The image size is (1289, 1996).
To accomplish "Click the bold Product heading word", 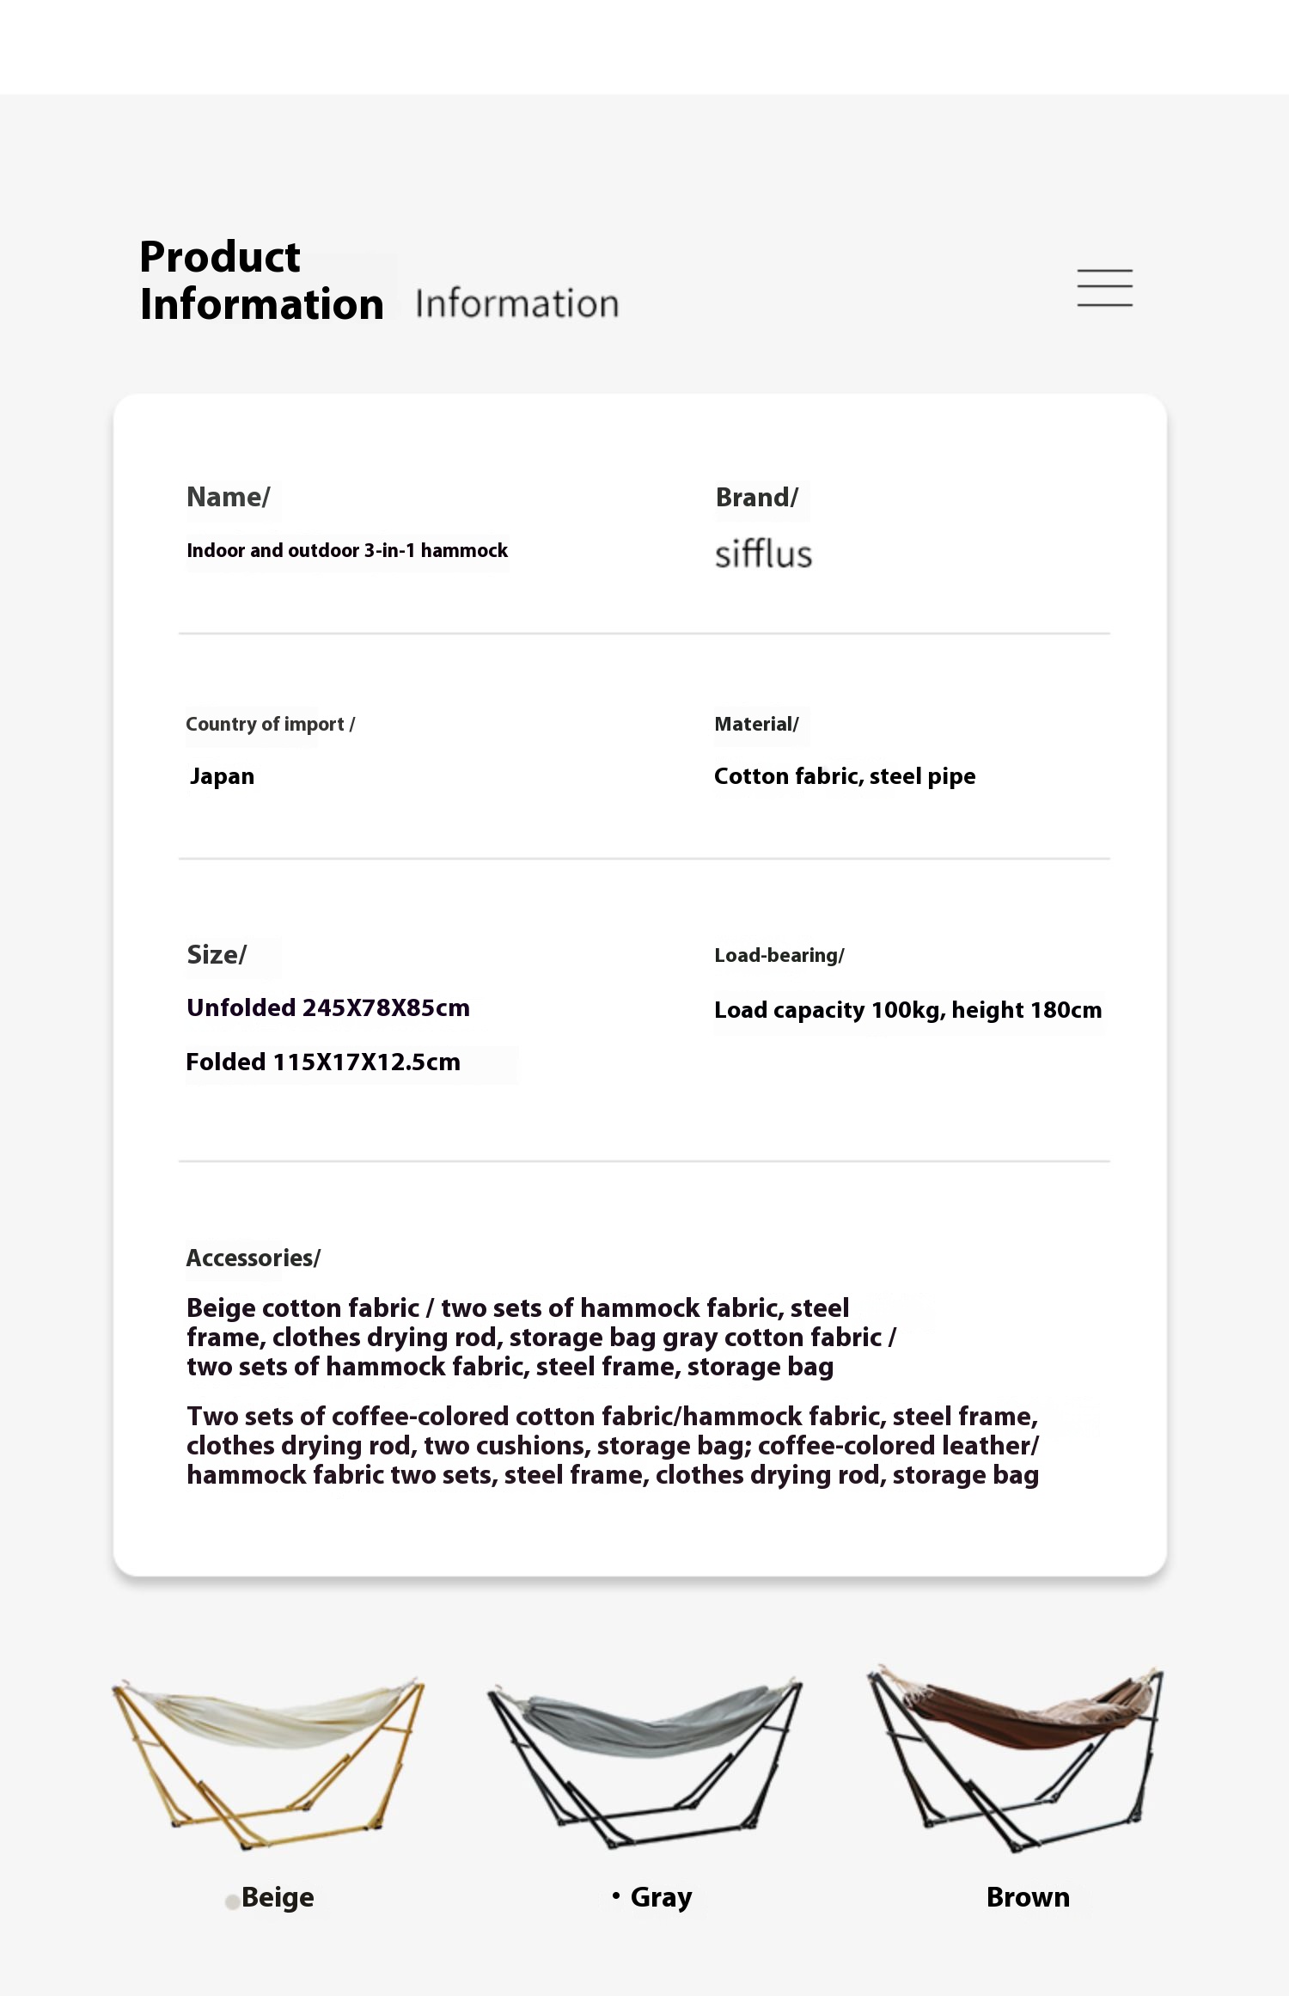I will (x=220, y=257).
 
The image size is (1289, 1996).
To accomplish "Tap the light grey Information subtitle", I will (x=516, y=304).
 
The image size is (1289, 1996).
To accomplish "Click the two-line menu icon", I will (x=1104, y=288).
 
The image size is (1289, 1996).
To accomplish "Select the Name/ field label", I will (x=229, y=497).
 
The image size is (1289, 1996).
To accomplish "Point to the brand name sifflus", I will (x=763, y=554).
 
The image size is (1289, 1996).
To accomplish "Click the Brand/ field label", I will (x=756, y=497).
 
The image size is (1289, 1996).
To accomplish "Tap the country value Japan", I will (x=222, y=776).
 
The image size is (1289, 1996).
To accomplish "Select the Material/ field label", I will (x=756, y=724).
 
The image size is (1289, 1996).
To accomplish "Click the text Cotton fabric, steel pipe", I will (x=845, y=776).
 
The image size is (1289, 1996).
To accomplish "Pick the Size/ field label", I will (x=217, y=954).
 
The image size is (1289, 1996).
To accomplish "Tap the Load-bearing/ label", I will (x=779, y=955).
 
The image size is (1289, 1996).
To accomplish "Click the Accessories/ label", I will (x=254, y=1258).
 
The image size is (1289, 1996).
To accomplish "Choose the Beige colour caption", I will (x=278, y=1897).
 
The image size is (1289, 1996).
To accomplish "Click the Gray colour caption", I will (x=661, y=1897).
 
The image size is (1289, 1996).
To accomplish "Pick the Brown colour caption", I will (x=1028, y=1897).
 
